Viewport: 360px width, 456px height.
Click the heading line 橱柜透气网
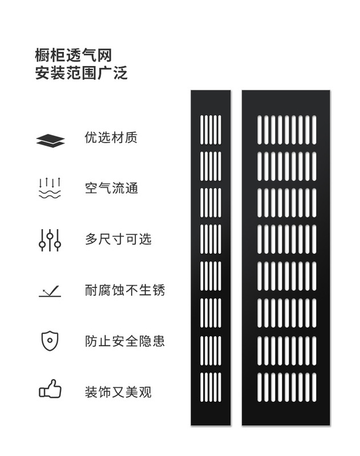pos(73,55)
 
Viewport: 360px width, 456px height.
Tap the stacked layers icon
pos(50,140)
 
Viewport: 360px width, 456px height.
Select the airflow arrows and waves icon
pos(50,188)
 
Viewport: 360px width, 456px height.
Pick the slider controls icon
pos(50,240)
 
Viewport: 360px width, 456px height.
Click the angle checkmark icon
pos(50,291)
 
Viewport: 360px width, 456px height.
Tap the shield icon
pos(50,340)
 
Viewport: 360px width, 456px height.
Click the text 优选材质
pos(111,138)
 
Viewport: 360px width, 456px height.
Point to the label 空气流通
pos(111,188)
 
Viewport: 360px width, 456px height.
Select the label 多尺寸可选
pos(118,239)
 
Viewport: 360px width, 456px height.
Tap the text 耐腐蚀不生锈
pos(124,290)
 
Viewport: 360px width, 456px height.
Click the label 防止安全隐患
pos(124,341)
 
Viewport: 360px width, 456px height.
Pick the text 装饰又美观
pos(118,392)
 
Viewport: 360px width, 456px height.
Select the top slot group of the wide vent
pos(286,129)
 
